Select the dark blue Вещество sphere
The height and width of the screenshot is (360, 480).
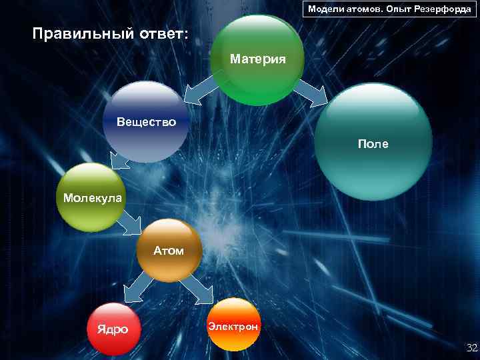[x=146, y=123]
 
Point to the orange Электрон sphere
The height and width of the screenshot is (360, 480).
[x=233, y=325]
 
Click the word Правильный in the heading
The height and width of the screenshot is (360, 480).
[x=78, y=33]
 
